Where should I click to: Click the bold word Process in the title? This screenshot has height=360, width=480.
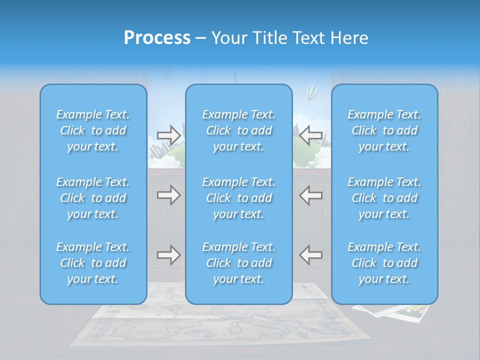click(x=157, y=38)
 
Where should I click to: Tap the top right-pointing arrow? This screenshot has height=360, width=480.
click(x=168, y=135)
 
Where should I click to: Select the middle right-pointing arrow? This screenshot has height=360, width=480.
click(x=168, y=195)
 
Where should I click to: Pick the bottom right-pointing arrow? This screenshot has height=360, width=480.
click(x=168, y=255)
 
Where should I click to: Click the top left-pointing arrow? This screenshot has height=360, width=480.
click(x=310, y=135)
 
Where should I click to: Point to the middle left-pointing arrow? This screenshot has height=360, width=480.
click(x=310, y=195)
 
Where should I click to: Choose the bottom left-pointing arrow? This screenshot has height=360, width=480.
click(x=310, y=255)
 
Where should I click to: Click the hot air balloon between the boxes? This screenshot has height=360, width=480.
click(x=312, y=92)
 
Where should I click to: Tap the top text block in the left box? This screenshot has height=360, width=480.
click(x=93, y=130)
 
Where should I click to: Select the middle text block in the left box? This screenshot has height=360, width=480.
click(x=93, y=198)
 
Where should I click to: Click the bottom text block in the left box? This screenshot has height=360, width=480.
click(x=93, y=263)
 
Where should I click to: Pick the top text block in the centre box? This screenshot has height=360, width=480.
click(x=239, y=130)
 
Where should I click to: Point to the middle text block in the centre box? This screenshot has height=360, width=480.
click(x=239, y=198)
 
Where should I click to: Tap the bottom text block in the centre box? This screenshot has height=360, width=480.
click(x=239, y=263)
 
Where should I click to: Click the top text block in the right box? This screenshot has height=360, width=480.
click(x=384, y=130)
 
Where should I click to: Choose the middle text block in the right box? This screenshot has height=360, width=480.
click(x=384, y=198)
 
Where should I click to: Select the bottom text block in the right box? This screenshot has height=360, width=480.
click(x=384, y=263)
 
